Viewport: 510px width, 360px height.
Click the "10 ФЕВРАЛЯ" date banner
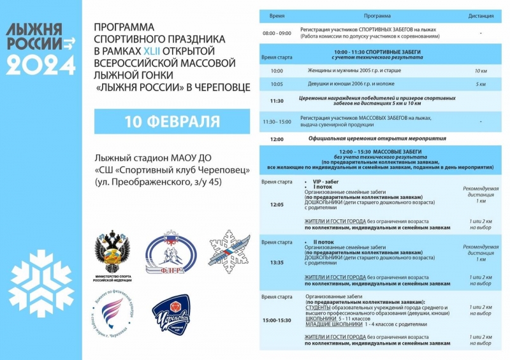[x=171, y=121]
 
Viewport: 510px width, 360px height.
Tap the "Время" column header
[x=277, y=15]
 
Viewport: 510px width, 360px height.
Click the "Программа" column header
[x=377, y=15]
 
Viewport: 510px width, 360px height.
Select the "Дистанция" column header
[x=480, y=15]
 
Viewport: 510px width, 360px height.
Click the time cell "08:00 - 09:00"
[x=277, y=32]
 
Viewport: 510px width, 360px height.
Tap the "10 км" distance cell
[x=480, y=71]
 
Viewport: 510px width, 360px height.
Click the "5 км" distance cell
[x=480, y=83]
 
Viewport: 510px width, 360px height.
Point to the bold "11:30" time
[x=277, y=101]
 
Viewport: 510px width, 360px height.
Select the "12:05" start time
[x=277, y=205]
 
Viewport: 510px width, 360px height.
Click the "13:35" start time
[x=277, y=262]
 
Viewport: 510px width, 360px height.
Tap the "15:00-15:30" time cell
[x=277, y=319]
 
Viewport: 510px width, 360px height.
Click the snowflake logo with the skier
[x=229, y=252]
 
